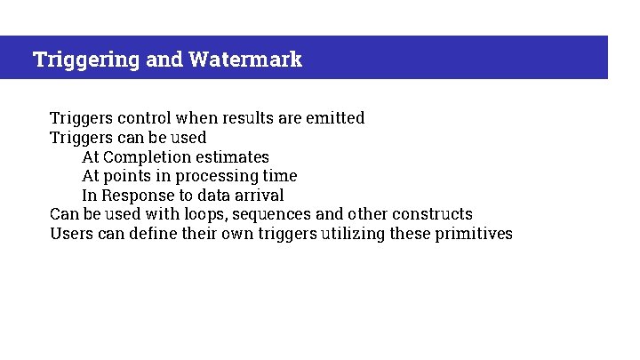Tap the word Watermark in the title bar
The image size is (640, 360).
244,60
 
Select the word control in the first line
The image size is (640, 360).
144,118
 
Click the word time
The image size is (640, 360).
280,176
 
